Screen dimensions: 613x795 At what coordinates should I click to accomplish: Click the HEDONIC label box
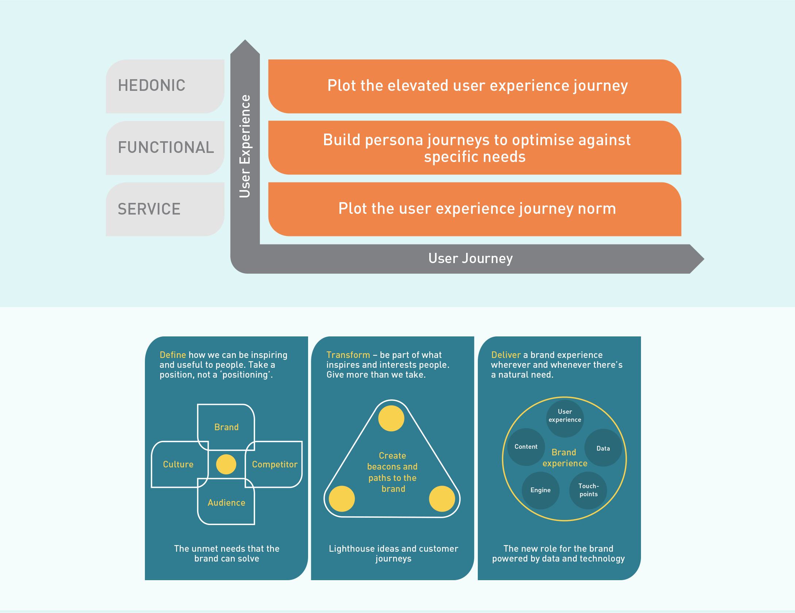click(165, 86)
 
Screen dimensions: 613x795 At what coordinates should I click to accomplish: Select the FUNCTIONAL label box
click(165, 148)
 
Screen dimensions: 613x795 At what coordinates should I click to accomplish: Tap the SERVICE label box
click(165, 209)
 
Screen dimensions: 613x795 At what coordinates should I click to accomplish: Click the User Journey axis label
click(470, 258)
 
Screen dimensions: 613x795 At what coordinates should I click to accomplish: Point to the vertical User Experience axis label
click(245, 146)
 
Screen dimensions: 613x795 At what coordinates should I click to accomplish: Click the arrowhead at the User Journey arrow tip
click(696, 259)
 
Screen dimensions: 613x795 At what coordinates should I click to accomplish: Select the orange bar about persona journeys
click(475, 148)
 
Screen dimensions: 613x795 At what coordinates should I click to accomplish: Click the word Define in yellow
click(173, 355)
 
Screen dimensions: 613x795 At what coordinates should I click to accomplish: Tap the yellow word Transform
click(348, 355)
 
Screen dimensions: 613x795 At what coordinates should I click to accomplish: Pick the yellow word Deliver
click(506, 355)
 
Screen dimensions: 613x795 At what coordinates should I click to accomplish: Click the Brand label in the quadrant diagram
click(226, 427)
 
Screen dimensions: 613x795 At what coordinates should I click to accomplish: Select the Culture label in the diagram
click(178, 464)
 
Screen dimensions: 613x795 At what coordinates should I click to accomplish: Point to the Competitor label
click(274, 464)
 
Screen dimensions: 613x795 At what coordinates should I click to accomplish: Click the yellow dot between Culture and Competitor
click(226, 464)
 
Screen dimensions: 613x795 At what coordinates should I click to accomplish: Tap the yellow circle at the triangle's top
click(391, 419)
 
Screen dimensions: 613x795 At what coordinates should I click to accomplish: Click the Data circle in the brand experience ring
click(603, 448)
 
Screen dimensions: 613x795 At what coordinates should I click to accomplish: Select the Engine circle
click(541, 490)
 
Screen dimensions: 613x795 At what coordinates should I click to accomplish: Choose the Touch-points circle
click(588, 490)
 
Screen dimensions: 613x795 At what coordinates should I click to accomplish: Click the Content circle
click(526, 447)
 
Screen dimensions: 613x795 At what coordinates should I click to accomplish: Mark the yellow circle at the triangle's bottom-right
click(442, 499)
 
